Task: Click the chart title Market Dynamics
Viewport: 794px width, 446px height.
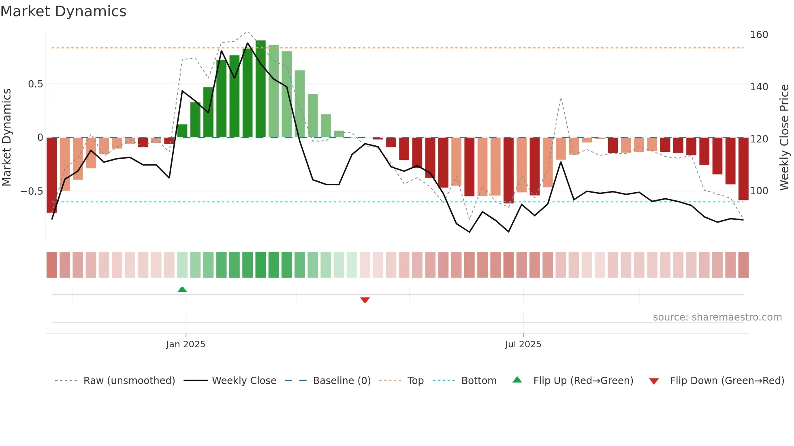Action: click(x=63, y=11)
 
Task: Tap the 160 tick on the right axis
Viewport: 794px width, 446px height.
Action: click(x=759, y=35)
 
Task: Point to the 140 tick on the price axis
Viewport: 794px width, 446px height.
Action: click(x=759, y=87)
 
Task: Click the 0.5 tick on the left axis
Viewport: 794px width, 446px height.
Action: click(x=35, y=84)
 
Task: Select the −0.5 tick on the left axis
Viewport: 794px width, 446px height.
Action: click(x=32, y=191)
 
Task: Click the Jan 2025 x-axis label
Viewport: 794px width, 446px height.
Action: click(x=186, y=344)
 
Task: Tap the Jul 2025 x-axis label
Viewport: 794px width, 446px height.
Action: click(x=523, y=344)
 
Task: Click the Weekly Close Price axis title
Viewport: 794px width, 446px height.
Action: click(x=784, y=138)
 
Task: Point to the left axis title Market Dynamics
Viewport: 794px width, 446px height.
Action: click(x=6, y=138)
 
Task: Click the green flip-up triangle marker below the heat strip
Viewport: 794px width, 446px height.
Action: click(x=182, y=289)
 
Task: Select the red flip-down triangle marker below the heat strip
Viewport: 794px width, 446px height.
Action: click(x=365, y=300)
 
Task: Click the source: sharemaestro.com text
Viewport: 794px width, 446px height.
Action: click(x=717, y=317)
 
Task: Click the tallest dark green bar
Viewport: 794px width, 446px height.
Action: click(x=260, y=89)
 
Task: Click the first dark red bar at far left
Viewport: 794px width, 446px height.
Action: click(x=51, y=175)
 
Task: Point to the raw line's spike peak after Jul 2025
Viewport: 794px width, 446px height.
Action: click(x=561, y=98)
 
